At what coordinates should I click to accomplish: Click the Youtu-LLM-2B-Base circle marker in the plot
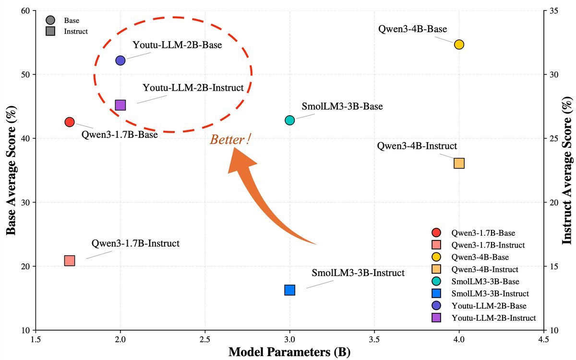pyautogui.click(x=120, y=60)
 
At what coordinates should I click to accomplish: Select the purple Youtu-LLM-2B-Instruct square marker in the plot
pyautogui.click(x=120, y=105)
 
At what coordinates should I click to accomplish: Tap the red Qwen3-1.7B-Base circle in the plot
pyautogui.click(x=70, y=122)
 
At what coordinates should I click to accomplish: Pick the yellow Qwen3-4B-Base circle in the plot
pyautogui.click(x=459, y=45)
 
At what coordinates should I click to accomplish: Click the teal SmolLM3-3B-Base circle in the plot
pyautogui.click(x=289, y=120)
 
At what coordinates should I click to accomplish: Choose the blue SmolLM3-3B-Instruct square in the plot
pyautogui.click(x=289, y=290)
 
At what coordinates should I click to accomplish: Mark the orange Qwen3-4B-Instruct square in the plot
pyautogui.click(x=459, y=163)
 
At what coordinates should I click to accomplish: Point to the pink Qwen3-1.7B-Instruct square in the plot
pyautogui.click(x=70, y=261)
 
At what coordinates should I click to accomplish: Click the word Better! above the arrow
pyautogui.click(x=230, y=140)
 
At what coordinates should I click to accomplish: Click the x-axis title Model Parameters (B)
pyautogui.click(x=289, y=351)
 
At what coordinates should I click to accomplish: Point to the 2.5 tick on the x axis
pyautogui.click(x=205, y=338)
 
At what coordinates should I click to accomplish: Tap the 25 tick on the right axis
pyautogui.click(x=552, y=138)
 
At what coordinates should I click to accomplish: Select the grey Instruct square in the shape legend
pyautogui.click(x=50, y=31)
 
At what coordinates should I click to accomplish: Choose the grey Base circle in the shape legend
pyautogui.click(x=50, y=21)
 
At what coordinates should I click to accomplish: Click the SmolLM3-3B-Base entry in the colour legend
pyautogui.click(x=485, y=281)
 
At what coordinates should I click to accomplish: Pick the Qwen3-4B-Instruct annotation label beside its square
pyautogui.click(x=417, y=146)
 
